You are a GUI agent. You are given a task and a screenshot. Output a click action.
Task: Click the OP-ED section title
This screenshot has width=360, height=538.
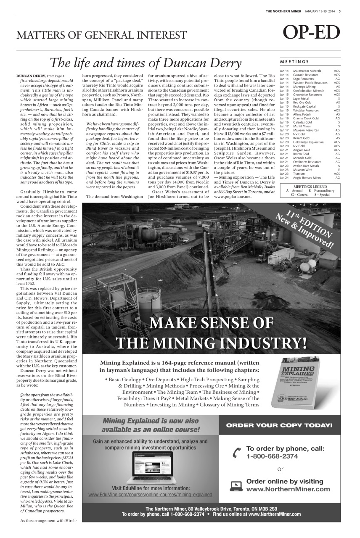(x=311, y=33)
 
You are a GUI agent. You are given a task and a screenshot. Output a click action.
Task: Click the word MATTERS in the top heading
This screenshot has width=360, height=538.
(x=37, y=35)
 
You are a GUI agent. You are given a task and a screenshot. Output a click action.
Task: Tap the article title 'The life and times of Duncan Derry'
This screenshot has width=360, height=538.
(x=145, y=63)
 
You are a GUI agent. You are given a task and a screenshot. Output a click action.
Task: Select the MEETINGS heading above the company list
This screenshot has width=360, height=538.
(x=294, y=61)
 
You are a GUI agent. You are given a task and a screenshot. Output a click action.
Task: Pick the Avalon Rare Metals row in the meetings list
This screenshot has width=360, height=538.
(x=307, y=166)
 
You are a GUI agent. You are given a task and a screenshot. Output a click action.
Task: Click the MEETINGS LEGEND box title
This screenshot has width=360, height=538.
(x=310, y=186)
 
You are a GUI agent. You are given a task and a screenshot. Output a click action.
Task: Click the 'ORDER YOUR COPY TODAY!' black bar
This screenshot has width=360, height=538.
(x=279, y=425)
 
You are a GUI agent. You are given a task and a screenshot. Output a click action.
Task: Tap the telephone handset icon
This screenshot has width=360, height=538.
(x=235, y=453)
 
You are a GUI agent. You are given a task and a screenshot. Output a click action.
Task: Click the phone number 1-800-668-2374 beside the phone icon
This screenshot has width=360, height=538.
(x=272, y=456)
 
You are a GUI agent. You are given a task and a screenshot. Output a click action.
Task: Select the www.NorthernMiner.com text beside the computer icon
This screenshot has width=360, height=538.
(x=288, y=489)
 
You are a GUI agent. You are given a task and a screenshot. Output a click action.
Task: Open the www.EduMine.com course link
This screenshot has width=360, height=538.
(x=150, y=495)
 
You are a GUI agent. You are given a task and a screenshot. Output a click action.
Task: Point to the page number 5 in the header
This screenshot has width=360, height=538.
(x=339, y=11)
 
